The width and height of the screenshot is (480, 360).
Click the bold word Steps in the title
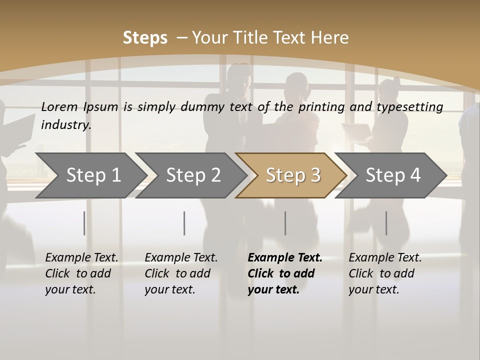click(145, 37)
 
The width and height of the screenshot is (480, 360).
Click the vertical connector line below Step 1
click(84, 223)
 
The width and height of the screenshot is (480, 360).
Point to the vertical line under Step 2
click(184, 223)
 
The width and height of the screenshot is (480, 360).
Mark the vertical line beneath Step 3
click(285, 223)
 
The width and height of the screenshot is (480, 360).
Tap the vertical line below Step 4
click(386, 223)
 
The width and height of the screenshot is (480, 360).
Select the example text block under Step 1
click(81, 273)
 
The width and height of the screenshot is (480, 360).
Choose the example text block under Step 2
click(181, 273)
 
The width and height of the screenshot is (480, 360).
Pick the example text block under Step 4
click(385, 273)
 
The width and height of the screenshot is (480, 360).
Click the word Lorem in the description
click(59, 106)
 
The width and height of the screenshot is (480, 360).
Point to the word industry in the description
click(66, 125)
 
